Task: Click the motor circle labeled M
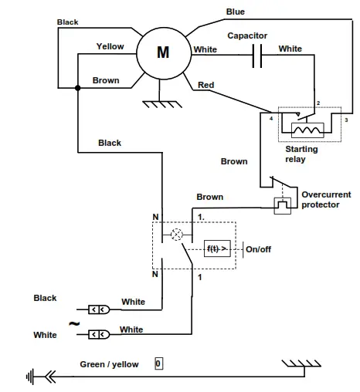click(163, 52)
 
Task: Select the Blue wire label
click(236, 12)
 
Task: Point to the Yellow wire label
click(110, 46)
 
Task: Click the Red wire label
click(206, 84)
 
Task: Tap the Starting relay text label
click(301, 154)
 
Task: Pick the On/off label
click(260, 249)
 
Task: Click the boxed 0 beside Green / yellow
click(158, 363)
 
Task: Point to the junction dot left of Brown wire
click(78, 88)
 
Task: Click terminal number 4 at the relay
click(271, 119)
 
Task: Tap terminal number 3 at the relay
click(345, 121)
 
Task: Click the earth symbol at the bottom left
click(36, 377)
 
